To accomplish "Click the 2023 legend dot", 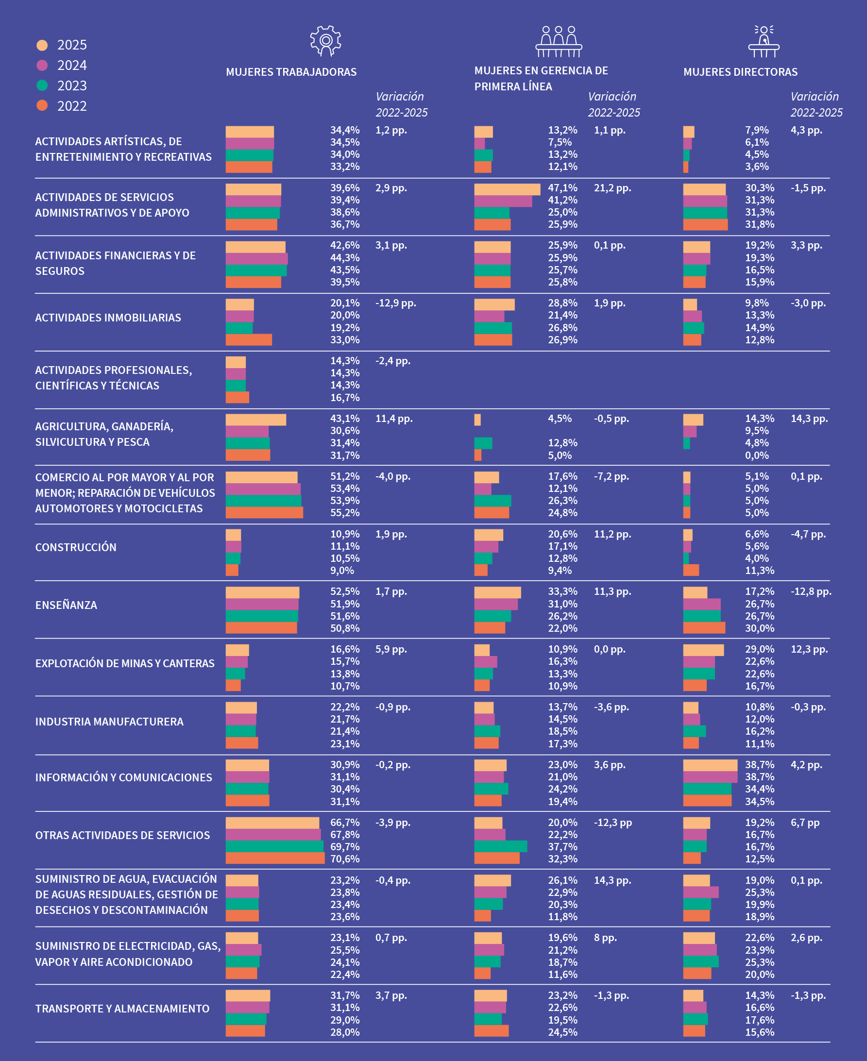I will coord(42,85).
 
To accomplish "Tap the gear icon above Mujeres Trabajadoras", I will coord(325,40).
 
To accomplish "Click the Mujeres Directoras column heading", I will coord(740,72).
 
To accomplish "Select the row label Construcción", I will coord(76,547).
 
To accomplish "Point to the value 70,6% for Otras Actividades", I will coord(344,859).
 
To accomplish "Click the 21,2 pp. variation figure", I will coord(612,188).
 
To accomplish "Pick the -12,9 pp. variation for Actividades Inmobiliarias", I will coord(395,303).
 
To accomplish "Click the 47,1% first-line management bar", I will coord(507,189).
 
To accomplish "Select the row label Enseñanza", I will coord(66,605).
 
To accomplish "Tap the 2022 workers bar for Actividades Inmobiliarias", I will coord(249,340).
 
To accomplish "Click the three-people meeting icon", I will coord(559,41).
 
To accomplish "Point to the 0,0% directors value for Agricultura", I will coord(757,455).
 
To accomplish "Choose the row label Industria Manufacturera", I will coord(109,722).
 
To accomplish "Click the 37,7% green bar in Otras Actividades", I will coord(500,846).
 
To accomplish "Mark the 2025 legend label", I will coord(72,45).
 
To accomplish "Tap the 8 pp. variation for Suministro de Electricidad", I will coord(605,938).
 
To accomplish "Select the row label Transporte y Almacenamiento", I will coord(122,1009).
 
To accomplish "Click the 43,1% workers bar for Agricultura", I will coord(255,420).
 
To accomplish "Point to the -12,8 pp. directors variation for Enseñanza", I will coord(811,591).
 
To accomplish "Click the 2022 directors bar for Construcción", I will coord(691,570).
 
